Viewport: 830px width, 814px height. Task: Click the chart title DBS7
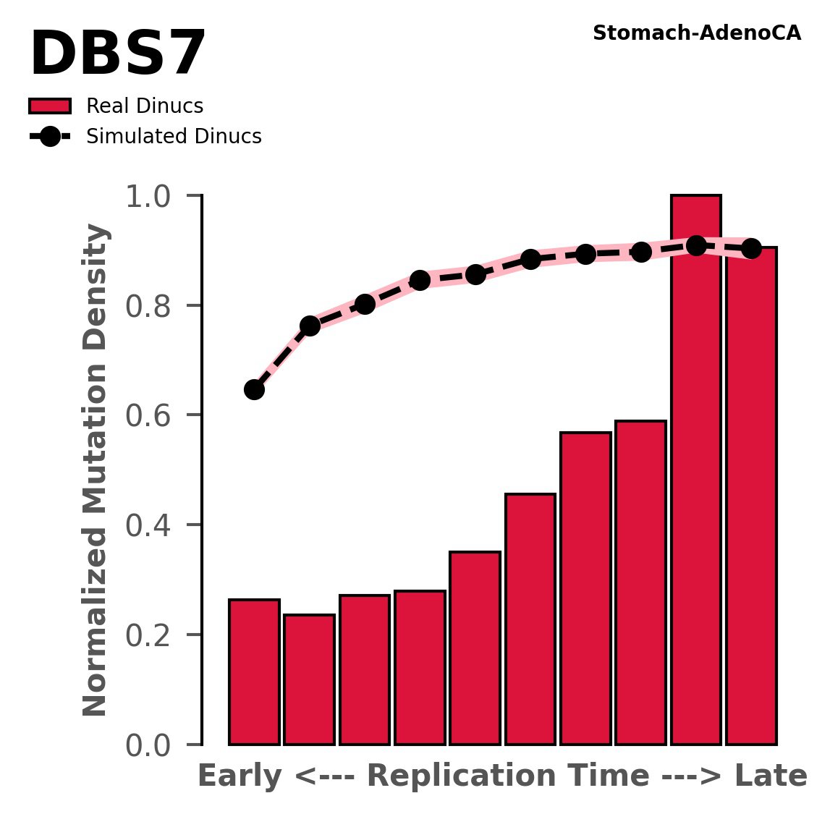tap(118, 55)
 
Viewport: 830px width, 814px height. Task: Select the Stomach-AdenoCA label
tap(696, 33)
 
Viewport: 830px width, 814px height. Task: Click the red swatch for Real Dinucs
tap(50, 106)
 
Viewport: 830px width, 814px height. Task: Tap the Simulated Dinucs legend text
tap(174, 137)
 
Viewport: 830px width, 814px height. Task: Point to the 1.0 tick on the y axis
tap(152, 197)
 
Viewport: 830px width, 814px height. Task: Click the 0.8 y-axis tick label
tap(152, 307)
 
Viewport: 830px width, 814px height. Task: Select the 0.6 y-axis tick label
tap(152, 416)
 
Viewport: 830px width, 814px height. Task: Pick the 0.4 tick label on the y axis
tap(152, 526)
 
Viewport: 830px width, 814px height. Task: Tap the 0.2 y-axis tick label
tap(152, 636)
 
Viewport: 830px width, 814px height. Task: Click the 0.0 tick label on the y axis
tap(152, 746)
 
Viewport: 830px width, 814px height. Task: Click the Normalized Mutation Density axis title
tap(96, 470)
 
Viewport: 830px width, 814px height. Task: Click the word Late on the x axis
tap(771, 776)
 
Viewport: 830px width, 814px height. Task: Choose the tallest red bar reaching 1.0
tap(696, 470)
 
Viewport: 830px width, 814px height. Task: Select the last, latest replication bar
tap(751, 496)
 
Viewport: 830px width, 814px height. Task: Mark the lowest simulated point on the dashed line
tap(254, 389)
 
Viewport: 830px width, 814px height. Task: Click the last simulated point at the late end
tap(751, 248)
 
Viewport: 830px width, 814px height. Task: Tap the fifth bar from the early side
tap(475, 648)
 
